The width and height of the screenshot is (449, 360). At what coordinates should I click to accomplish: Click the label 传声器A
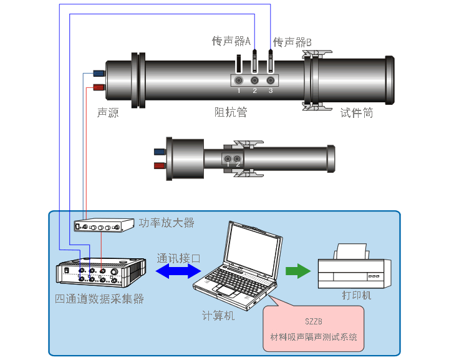point(231,41)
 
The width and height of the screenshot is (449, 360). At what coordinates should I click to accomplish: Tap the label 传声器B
point(292,42)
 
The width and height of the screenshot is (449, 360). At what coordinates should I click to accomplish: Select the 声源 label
point(108,113)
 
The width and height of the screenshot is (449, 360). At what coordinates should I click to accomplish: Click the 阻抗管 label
point(231,112)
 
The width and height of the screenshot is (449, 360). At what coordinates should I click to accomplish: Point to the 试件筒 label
point(357,113)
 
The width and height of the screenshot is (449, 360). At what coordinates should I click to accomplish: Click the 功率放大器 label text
point(167,223)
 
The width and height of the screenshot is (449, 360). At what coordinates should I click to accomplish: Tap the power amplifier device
point(104,226)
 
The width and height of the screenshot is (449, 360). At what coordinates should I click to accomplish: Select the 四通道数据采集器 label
point(100,299)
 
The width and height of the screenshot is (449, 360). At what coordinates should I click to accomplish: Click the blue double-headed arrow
point(178,270)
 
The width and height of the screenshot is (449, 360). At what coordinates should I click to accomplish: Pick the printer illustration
point(354,267)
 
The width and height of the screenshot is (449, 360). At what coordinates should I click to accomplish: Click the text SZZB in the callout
point(314,322)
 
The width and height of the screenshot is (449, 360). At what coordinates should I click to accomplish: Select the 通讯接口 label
point(178,257)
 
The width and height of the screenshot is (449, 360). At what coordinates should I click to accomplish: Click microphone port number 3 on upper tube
point(271,80)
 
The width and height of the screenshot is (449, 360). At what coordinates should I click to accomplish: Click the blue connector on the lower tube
point(160,151)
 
